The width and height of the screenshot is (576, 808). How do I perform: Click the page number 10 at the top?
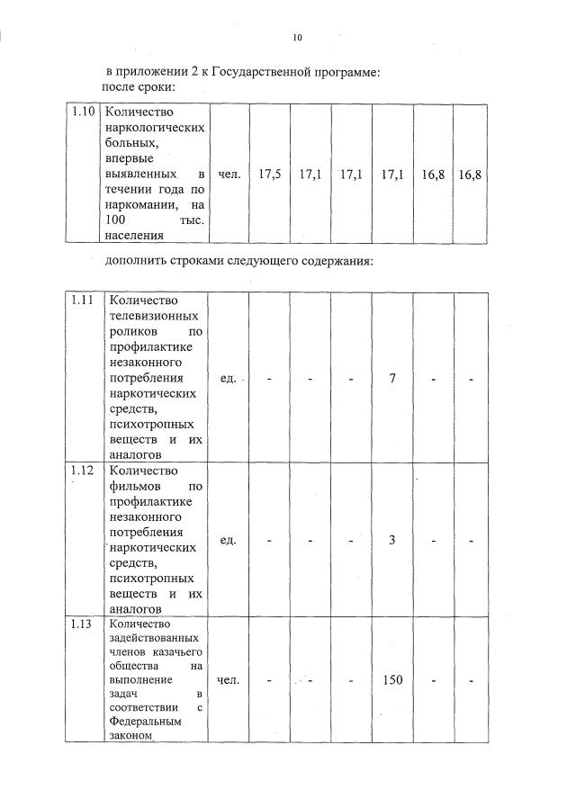pos(297,37)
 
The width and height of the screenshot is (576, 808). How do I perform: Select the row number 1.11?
pos(84,301)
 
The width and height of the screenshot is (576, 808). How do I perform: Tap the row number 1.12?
pos(84,471)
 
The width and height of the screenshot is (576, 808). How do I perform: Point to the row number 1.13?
pos(84,624)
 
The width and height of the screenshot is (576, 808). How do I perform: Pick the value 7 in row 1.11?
pos(392,378)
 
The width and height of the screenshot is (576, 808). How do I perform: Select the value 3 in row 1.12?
pos(392,540)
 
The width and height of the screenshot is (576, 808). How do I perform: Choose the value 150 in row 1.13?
pos(392,679)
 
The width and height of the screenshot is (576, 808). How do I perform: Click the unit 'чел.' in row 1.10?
pos(229,174)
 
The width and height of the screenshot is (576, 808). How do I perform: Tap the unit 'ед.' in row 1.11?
pos(228,378)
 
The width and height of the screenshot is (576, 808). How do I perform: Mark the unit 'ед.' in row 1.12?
pos(228,540)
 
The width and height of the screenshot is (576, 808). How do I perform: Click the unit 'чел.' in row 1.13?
pos(229,679)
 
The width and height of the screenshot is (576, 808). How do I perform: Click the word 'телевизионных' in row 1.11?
pos(153,316)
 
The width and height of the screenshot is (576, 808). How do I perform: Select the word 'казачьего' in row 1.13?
pos(176,651)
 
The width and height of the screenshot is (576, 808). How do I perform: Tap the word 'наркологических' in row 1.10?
pos(155,128)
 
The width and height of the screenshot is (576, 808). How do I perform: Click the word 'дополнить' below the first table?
pos(135,261)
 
